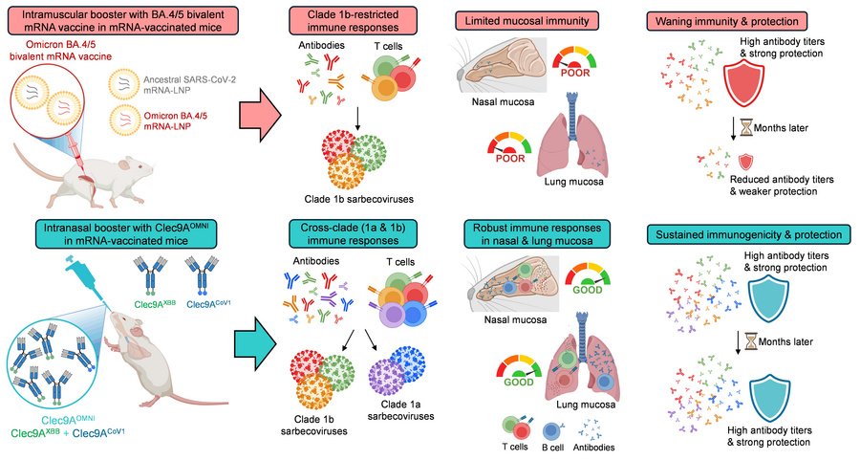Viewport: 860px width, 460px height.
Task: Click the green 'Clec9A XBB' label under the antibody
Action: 149,304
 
